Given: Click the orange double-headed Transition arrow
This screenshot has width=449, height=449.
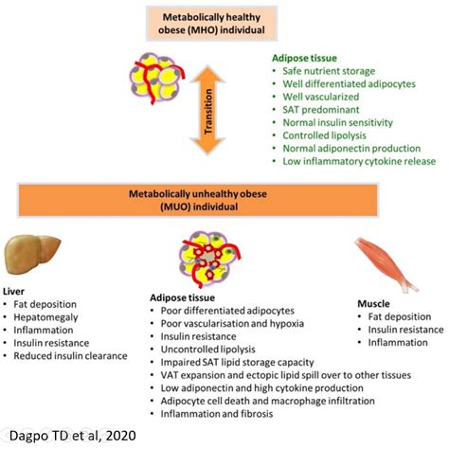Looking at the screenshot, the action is [208, 110].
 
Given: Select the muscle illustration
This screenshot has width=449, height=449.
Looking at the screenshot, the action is [386, 264].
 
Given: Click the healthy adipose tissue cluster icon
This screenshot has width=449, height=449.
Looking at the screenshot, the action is [157, 79].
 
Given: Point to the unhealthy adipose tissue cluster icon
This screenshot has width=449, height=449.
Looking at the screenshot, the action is [209, 260].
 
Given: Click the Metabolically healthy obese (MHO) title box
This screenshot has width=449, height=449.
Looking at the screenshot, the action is [211, 24].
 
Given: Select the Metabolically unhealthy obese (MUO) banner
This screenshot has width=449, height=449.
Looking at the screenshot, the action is [198, 200].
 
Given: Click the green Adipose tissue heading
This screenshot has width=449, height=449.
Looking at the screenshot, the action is [304, 58].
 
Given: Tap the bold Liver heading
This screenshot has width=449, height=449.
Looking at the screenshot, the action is [13, 291].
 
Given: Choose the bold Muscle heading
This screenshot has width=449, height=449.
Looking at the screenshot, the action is [373, 304].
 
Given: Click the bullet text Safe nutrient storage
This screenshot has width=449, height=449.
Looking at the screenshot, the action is [329, 71].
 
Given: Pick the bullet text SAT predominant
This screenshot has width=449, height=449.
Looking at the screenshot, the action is [321, 110].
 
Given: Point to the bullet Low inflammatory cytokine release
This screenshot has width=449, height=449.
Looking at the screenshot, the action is [359, 161].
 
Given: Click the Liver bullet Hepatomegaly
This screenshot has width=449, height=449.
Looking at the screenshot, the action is [45, 317].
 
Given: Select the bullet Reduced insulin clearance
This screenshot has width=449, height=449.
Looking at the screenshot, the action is [70, 356].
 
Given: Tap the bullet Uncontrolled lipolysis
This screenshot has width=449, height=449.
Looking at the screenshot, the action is [207, 350].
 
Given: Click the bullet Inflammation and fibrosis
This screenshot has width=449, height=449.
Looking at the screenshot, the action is [217, 414].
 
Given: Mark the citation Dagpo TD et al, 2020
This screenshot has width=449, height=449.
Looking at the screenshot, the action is [73, 436].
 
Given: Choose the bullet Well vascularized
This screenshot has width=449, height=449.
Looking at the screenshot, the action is [321, 97].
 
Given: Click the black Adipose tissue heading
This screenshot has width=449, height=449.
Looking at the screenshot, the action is [182, 297].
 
